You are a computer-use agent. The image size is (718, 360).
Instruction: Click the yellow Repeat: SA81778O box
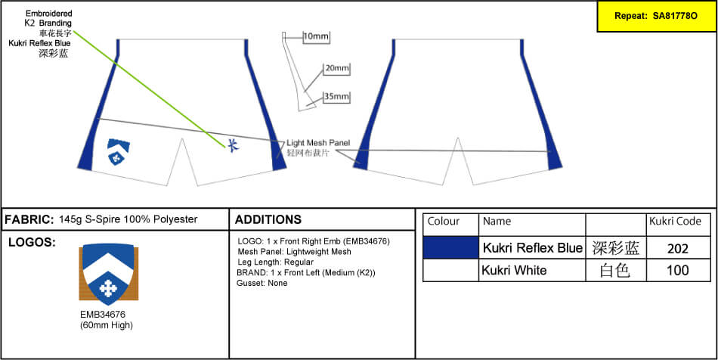655,16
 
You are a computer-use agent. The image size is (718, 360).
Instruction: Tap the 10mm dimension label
316,36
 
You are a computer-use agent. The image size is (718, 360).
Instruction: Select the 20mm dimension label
336,69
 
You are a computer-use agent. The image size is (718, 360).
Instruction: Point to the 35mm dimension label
336,97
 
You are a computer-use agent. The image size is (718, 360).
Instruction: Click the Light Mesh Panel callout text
318,142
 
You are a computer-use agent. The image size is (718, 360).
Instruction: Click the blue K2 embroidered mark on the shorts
232,144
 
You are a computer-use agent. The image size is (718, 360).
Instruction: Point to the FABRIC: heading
29,219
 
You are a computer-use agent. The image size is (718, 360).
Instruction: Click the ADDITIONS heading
268,220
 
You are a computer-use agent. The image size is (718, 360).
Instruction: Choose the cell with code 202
678,248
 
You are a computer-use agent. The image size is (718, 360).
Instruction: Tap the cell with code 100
678,270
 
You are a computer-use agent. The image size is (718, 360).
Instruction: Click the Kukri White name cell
514,270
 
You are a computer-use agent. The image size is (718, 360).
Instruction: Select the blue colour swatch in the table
451,247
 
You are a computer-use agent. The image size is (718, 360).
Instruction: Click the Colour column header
444,222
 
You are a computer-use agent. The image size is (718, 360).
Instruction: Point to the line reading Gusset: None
262,283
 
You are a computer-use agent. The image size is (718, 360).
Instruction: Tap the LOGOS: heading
31,243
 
